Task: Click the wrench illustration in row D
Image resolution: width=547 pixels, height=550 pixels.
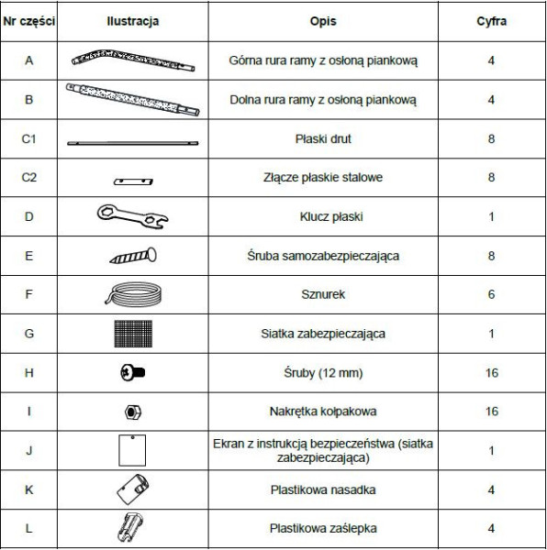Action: [x=133, y=216]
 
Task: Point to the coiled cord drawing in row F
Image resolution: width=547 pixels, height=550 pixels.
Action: [x=133, y=294]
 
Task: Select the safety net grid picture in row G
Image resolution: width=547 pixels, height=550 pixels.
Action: [x=133, y=334]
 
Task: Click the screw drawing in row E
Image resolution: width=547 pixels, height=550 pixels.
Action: [x=133, y=256]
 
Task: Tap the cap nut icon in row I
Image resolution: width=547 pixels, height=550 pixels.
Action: [x=133, y=412]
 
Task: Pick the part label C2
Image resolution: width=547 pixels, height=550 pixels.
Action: [x=29, y=177]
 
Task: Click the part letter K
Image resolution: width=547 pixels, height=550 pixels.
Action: [x=29, y=489]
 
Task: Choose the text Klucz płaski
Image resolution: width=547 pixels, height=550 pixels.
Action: [x=322, y=217]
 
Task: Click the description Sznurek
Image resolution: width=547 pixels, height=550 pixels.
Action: [x=322, y=295]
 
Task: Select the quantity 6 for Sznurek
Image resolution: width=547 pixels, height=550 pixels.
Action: [x=491, y=295]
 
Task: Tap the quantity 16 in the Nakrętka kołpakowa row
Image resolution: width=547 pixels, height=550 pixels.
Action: [x=491, y=412]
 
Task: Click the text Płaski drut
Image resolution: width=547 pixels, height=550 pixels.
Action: [x=322, y=139]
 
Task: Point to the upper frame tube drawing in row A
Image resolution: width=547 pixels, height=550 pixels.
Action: [x=133, y=60]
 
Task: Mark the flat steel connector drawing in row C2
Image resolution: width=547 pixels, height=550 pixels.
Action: [x=133, y=181]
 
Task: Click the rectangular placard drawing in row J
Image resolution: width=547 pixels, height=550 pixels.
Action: [x=133, y=450]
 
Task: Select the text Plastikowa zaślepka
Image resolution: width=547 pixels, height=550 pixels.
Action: [x=322, y=529]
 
